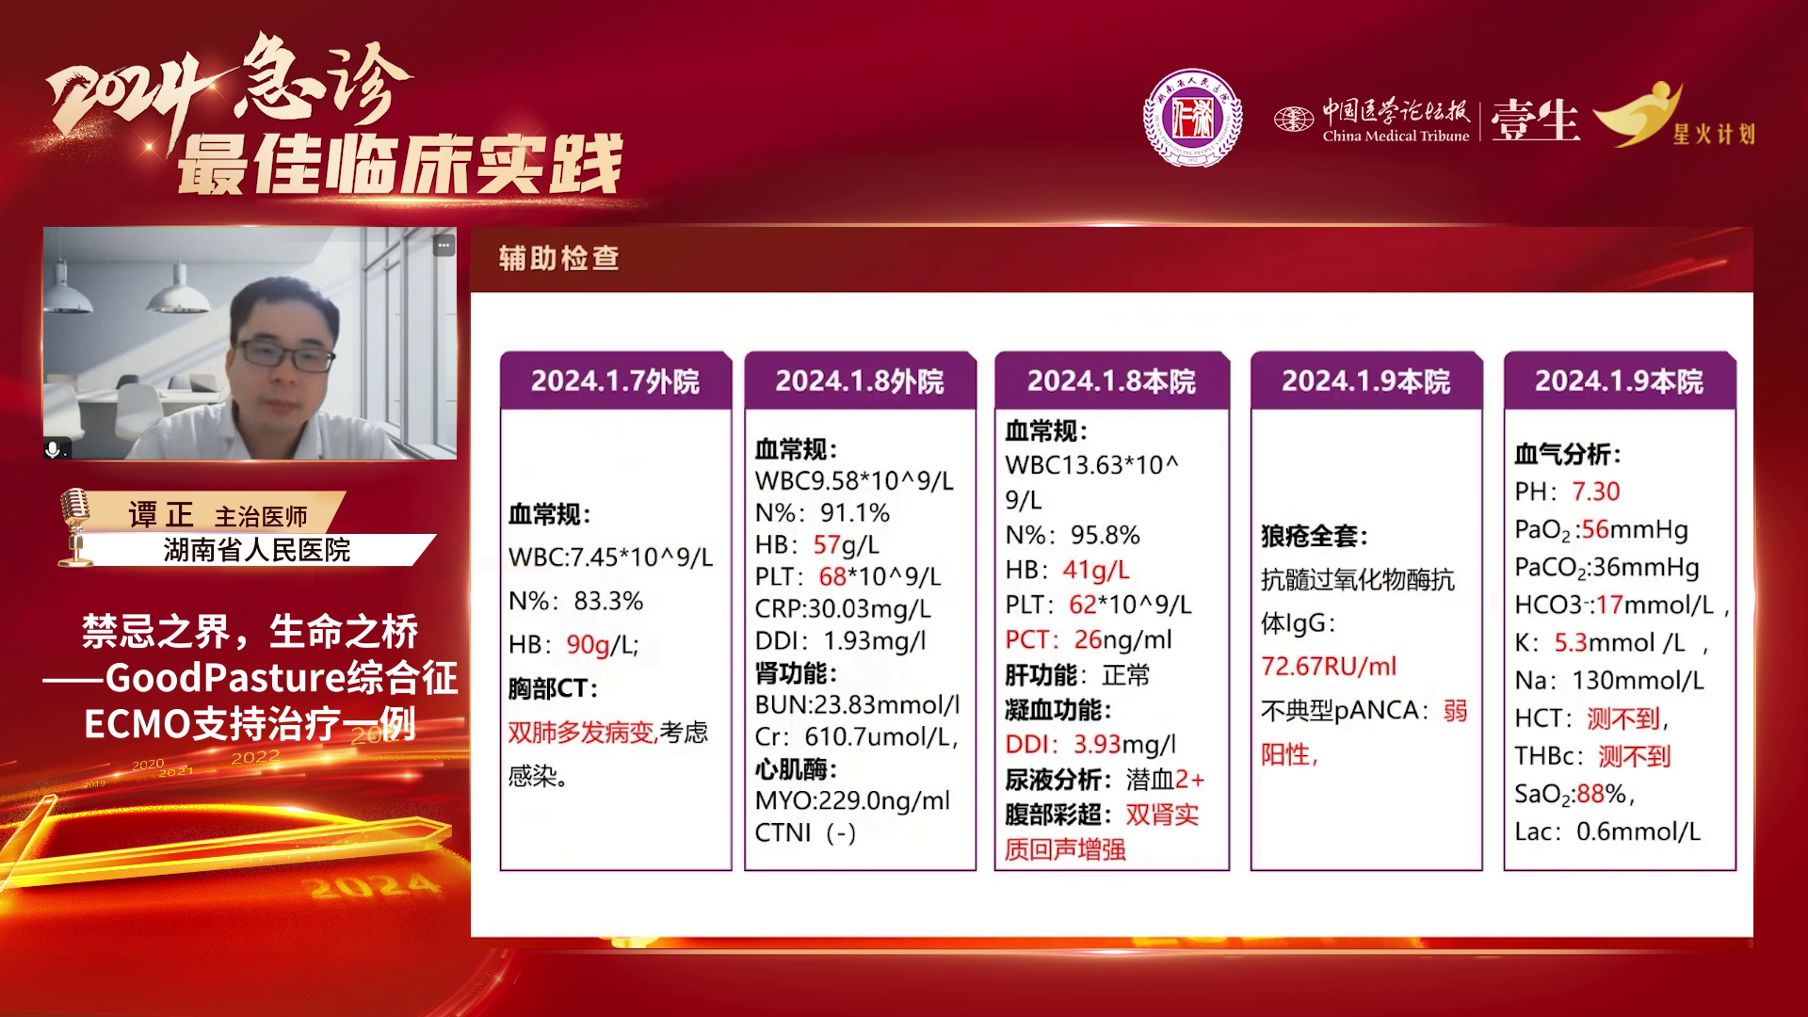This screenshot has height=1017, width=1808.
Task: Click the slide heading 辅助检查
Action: tap(558, 258)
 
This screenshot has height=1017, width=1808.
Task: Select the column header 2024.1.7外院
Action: tap(615, 381)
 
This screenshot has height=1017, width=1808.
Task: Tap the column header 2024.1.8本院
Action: tap(1111, 381)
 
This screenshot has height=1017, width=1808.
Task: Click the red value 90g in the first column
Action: tap(588, 645)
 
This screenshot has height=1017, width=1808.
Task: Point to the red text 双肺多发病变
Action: tap(581, 732)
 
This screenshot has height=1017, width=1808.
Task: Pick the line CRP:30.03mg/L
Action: tap(843, 608)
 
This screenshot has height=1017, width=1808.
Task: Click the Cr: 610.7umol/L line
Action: tap(857, 736)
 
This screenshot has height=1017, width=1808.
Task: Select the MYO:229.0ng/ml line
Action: tap(852, 800)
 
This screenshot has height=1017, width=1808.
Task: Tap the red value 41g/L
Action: tap(1096, 570)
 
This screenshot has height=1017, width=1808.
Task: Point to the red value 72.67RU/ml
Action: tap(1329, 667)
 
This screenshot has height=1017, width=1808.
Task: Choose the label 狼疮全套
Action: tap(1314, 537)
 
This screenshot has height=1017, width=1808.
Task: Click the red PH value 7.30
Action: tap(1595, 492)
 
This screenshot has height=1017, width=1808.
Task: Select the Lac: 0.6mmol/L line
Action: tap(1607, 831)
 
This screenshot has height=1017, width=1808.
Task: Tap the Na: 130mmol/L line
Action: tap(1609, 680)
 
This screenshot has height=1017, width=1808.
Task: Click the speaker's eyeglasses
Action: tap(283, 355)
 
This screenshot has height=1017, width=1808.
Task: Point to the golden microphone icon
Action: tap(75, 525)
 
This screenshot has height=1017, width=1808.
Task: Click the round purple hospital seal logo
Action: tap(1192, 119)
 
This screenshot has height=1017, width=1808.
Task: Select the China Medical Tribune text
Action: tap(1396, 136)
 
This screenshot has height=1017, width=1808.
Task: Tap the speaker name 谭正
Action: tap(161, 514)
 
